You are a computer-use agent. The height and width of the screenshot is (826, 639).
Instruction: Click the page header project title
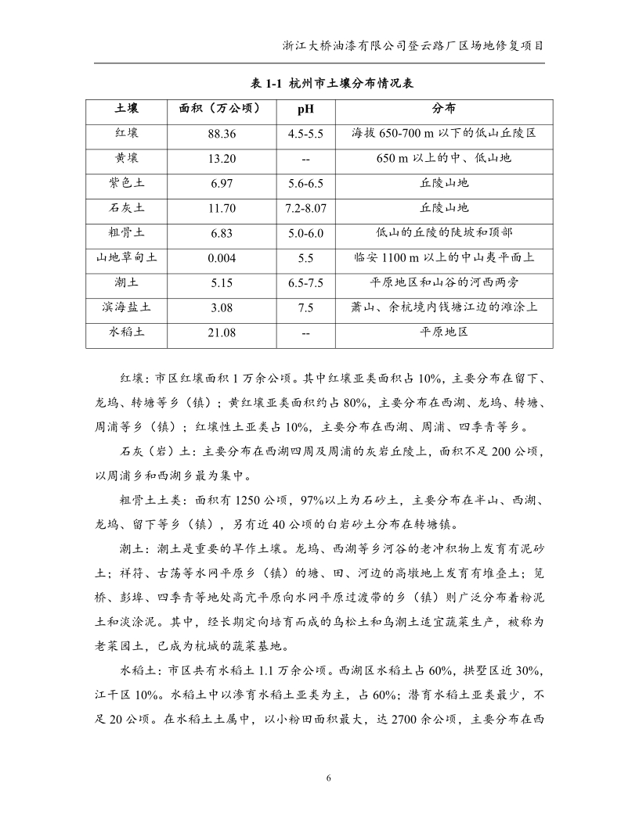click(x=413, y=45)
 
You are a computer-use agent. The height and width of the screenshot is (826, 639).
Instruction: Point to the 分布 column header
click(x=443, y=108)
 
